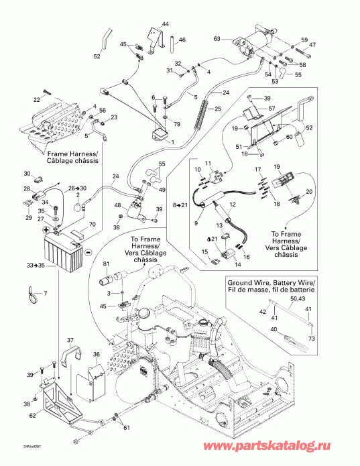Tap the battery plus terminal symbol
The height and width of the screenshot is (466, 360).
click(46, 230)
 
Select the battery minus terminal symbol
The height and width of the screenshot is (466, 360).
click(87, 252)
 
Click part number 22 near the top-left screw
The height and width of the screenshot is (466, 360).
click(37, 99)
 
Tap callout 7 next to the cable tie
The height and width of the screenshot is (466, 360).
click(46, 293)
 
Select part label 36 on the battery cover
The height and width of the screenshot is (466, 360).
click(96, 355)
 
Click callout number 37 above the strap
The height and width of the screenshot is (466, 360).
click(68, 341)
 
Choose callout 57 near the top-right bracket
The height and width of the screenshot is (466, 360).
click(272, 108)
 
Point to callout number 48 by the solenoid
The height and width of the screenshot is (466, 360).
click(118, 205)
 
